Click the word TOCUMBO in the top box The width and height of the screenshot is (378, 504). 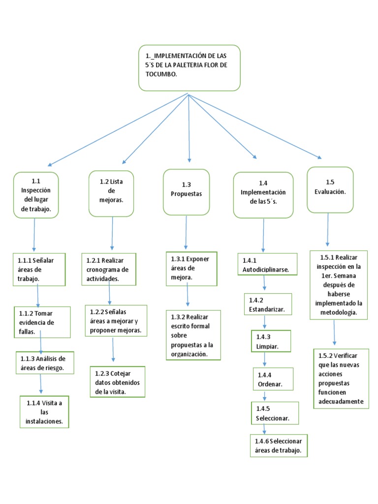pos(161,74)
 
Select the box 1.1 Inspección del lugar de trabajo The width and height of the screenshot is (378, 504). pos(36,195)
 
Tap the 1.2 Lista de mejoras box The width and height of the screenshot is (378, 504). pos(111,193)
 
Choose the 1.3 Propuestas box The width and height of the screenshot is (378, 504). pos(187,192)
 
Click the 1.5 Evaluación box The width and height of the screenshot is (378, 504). pos(330,189)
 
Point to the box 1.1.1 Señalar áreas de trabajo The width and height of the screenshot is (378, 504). pos(39,269)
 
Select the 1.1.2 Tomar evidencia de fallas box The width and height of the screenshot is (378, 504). pos(42,322)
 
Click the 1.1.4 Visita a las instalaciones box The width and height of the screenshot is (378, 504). pos(44,412)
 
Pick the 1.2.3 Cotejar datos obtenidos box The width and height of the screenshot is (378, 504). pos(118,382)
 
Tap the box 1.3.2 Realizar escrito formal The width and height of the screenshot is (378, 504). pos(193,335)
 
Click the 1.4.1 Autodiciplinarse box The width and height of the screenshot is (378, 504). pos(267,264)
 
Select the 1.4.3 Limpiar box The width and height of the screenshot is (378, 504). pos(271,341)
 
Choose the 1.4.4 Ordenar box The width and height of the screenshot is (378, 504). pos(273,379)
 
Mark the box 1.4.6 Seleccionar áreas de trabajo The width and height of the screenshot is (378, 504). pos(279,445)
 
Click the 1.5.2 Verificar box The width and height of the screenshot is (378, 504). pos(341,378)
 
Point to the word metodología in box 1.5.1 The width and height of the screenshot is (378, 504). pos(339,313)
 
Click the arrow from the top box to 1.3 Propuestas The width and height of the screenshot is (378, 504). pos(189,128)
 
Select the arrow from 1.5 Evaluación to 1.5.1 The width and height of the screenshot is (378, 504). pos(328,229)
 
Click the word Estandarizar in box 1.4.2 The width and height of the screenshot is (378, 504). pos(267,309)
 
